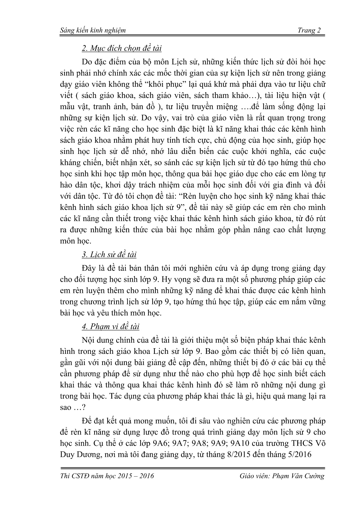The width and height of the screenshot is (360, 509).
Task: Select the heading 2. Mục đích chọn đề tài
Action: pos(121,49)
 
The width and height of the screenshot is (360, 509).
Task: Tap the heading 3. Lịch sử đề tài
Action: pos(109,255)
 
